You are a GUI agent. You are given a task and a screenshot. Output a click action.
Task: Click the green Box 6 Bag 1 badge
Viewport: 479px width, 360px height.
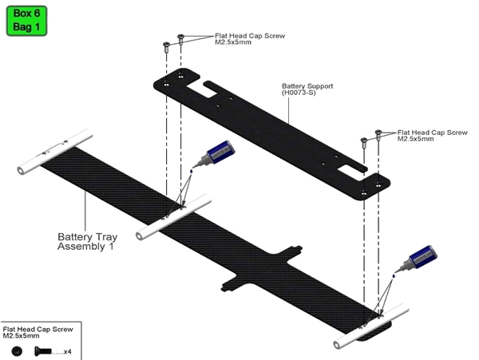click(26, 21)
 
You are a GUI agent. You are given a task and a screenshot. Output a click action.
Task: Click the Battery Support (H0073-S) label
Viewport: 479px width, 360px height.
click(307, 89)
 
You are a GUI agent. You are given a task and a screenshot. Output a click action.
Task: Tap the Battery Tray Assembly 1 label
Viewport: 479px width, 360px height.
click(87, 242)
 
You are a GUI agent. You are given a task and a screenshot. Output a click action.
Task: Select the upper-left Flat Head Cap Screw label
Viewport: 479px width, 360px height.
click(250, 39)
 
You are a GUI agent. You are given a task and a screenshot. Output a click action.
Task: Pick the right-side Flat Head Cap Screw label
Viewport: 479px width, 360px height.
click(432, 135)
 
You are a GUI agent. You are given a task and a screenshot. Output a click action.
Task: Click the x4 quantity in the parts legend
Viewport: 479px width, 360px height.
click(68, 352)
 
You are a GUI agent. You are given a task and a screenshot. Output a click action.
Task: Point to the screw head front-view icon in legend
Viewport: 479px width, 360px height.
click(17, 351)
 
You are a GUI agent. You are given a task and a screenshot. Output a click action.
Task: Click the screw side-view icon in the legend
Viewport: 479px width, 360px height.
click(43, 351)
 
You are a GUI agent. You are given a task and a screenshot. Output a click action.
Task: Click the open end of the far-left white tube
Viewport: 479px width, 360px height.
click(22, 170)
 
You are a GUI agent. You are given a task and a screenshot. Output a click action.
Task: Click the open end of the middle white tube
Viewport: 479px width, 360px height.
click(141, 236)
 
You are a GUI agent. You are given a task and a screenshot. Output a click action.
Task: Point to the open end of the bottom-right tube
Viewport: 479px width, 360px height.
click(338, 345)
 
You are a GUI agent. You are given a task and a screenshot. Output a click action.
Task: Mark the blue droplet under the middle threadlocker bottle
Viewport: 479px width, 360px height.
click(192, 172)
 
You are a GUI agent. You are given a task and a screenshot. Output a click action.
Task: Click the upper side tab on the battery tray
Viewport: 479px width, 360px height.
click(292, 251)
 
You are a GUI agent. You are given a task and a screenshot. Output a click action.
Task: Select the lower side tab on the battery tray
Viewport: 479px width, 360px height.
click(233, 283)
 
